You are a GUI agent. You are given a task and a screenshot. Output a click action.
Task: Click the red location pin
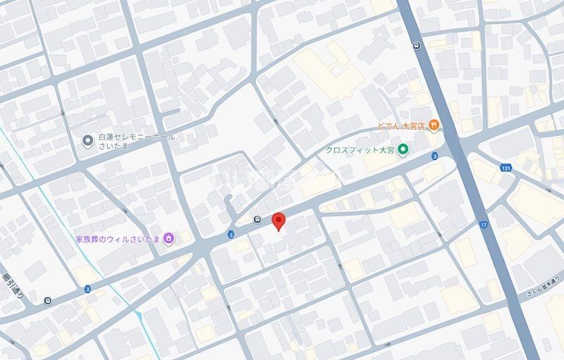tap(278, 220)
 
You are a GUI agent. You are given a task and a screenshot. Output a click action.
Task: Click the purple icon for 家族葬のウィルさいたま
tap(169, 239)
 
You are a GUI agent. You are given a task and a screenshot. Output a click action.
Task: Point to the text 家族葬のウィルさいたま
tap(119, 239)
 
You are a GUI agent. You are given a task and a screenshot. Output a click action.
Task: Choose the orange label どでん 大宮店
tap(400, 126)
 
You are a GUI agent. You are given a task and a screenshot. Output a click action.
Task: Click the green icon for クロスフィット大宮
tap(403, 149)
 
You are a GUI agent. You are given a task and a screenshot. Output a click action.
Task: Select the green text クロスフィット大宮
tap(360, 149)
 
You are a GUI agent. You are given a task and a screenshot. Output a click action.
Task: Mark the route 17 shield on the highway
tap(484, 225)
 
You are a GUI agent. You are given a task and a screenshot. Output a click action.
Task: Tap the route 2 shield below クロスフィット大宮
tap(435, 156)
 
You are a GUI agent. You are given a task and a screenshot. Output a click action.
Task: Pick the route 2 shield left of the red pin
tap(231, 234)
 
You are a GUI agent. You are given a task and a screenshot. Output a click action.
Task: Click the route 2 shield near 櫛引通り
tap(87, 289)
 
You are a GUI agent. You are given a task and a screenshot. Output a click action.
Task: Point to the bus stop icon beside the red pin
tap(259, 218)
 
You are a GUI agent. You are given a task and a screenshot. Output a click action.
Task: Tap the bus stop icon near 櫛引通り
tap(47, 301)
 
